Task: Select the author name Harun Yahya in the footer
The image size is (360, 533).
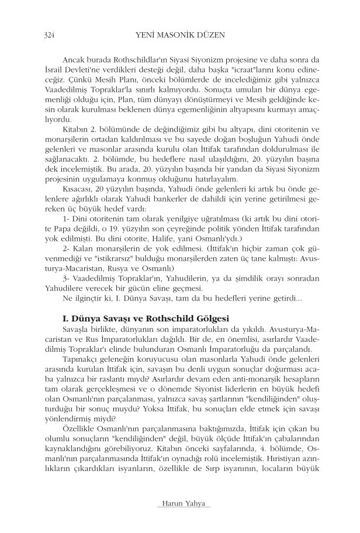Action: click(179, 504)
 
